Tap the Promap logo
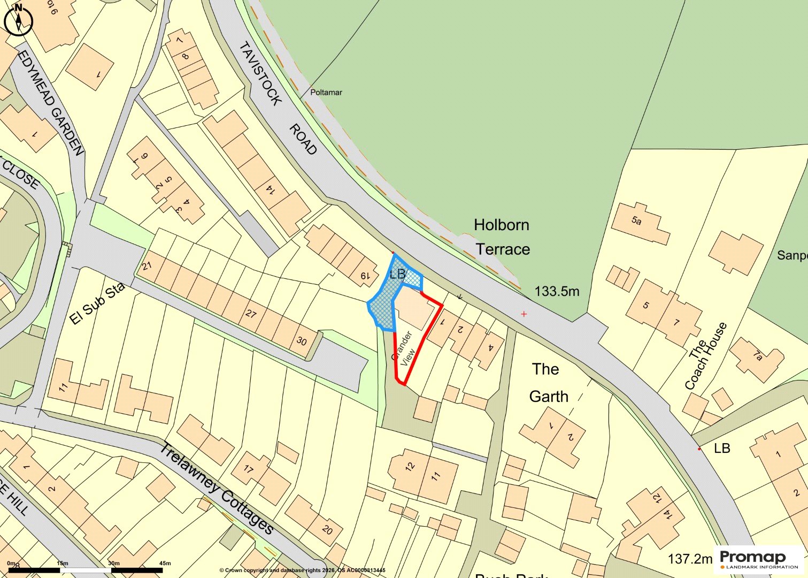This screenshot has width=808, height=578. pos(759,559)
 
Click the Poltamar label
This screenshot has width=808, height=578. pos(326,93)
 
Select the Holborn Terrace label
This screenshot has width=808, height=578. pos(502,237)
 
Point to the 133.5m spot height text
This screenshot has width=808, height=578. pos(557,292)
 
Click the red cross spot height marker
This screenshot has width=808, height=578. pos(524,314)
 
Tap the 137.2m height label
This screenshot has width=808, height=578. pos(690,559)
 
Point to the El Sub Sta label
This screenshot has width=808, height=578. pos(97,303)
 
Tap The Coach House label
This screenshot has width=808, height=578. pos(706,356)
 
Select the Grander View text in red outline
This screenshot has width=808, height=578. pos(405,349)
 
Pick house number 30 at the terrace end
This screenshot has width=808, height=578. pos(302,341)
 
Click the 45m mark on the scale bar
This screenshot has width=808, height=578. pos(165,563)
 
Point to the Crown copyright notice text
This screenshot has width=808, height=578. pos(302,571)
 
